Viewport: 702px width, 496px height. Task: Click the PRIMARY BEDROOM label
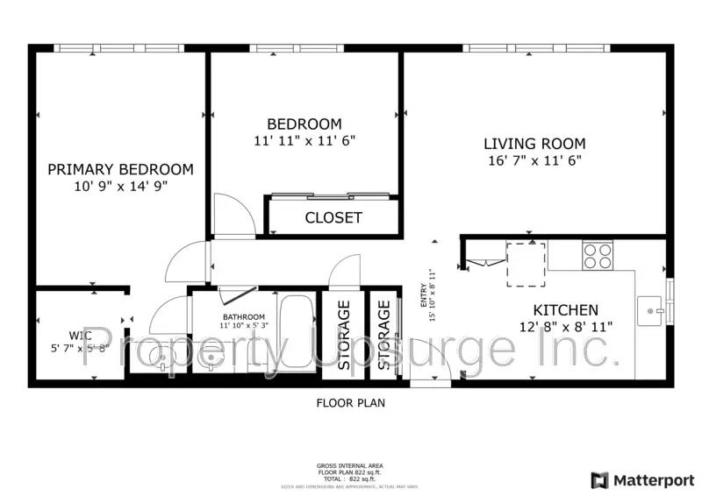[x=120, y=169]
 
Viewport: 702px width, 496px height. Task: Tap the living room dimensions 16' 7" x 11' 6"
[x=534, y=160]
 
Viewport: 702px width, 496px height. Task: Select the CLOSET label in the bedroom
[x=333, y=217]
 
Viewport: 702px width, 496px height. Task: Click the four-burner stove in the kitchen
[x=598, y=255]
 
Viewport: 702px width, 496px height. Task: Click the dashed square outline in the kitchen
[x=526, y=264]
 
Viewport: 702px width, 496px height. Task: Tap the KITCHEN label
[x=566, y=309]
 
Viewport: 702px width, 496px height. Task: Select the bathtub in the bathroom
[x=296, y=333]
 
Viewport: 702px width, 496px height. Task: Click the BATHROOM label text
[x=243, y=317]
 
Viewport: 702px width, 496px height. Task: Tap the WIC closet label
[x=81, y=335]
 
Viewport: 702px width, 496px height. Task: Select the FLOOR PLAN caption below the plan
[x=350, y=404]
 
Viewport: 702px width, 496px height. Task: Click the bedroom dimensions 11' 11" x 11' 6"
[x=304, y=139]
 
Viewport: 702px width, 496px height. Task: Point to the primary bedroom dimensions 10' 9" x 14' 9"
[x=120, y=186]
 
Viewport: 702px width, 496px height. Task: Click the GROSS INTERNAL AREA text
[x=349, y=465]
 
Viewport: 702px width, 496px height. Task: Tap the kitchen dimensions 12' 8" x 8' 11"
[x=566, y=326]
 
